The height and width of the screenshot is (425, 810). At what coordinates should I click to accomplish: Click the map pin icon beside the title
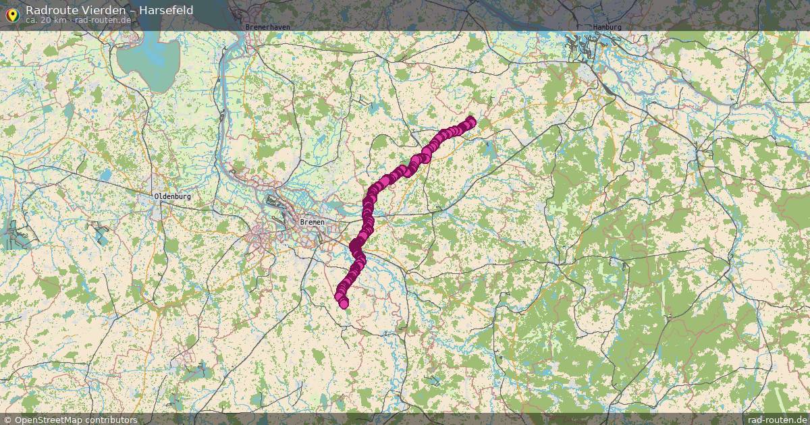click(11, 13)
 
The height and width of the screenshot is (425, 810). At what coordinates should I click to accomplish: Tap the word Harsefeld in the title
click(165, 10)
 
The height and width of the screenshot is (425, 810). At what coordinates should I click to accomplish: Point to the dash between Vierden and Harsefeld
click(130, 10)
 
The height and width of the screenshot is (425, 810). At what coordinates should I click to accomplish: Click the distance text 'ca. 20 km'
click(46, 20)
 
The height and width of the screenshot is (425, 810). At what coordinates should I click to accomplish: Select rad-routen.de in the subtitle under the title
click(103, 20)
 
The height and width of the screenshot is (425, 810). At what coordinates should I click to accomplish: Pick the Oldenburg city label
click(173, 196)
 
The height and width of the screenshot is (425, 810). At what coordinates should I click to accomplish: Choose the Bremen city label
click(313, 222)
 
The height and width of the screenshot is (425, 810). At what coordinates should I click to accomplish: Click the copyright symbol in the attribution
click(8, 420)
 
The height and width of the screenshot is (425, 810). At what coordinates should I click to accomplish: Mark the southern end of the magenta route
click(344, 304)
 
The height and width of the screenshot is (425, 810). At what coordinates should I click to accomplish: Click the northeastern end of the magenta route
click(470, 121)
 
